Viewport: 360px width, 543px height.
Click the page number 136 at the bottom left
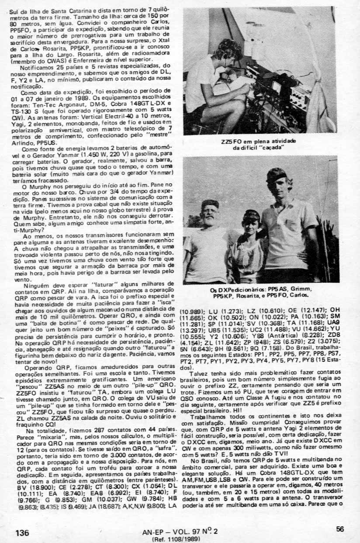click(22, 532)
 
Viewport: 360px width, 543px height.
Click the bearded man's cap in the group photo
click(210, 204)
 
